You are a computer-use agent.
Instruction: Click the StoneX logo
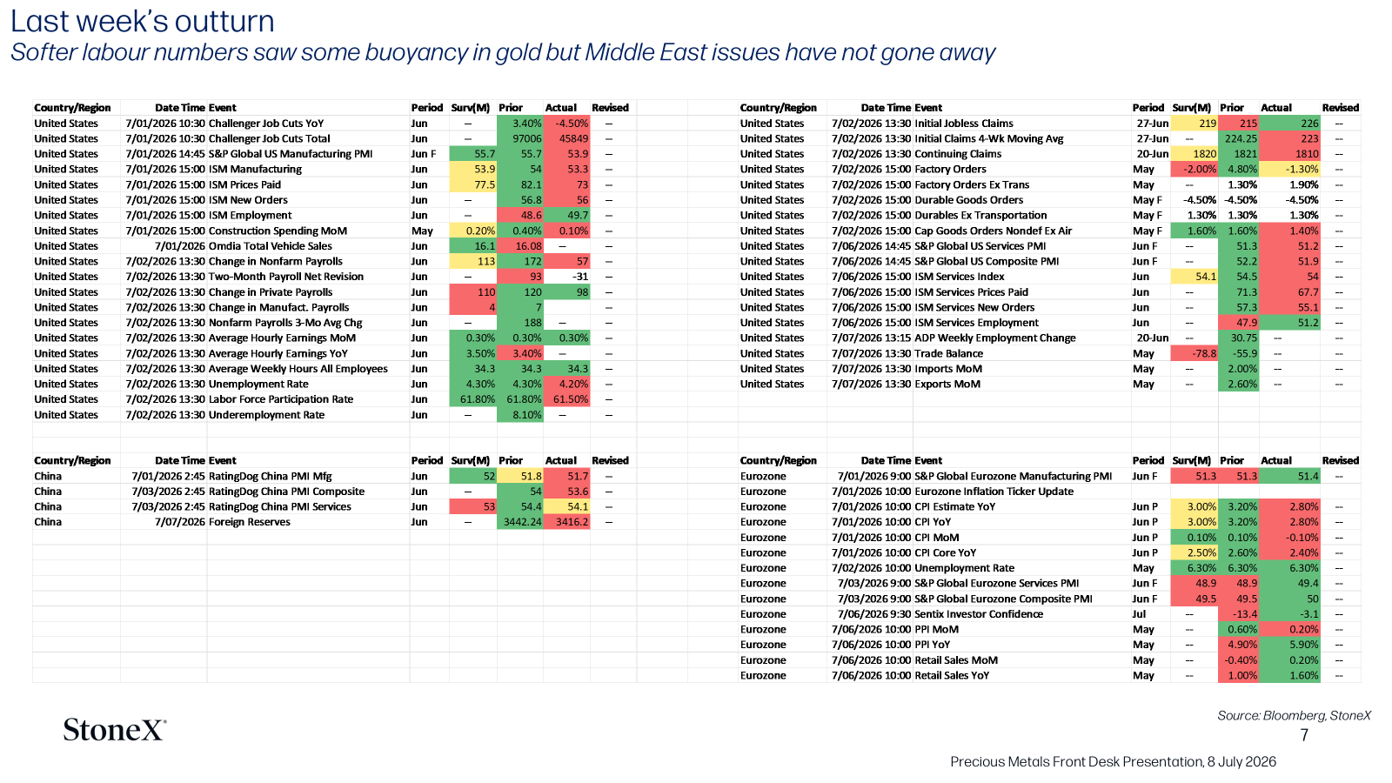[115, 730]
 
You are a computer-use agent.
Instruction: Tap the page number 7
[1304, 735]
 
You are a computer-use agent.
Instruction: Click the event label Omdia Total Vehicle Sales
[271, 246]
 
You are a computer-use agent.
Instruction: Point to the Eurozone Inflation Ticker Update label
[994, 491]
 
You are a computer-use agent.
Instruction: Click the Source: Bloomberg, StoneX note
[1294, 715]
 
